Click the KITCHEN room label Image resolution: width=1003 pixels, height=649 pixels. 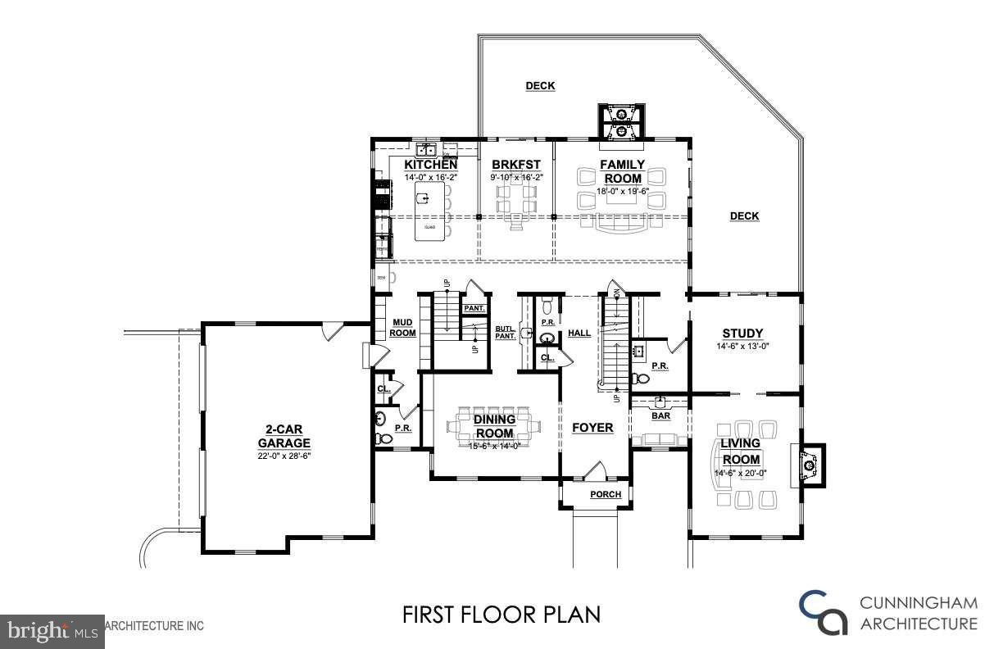[x=430, y=165]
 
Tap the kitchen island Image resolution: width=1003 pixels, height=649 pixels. [x=431, y=211]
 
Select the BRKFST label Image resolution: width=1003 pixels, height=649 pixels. [x=515, y=165]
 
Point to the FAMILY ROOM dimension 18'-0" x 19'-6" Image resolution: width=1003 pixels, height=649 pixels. [x=623, y=190]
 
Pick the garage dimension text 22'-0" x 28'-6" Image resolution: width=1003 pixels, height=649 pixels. [x=286, y=456]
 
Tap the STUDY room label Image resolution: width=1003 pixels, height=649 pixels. [x=742, y=334]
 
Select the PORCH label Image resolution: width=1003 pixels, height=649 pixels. [x=606, y=494]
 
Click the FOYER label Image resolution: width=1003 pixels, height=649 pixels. [x=592, y=428]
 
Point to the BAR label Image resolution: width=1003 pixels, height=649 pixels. [x=660, y=416]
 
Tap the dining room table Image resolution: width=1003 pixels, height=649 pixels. [x=495, y=426]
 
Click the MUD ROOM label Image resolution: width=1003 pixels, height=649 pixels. [x=402, y=328]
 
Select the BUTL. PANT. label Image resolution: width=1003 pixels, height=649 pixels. [x=505, y=333]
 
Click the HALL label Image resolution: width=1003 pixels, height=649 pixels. [x=579, y=334]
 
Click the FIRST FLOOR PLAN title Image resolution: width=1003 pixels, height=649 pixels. [x=501, y=614]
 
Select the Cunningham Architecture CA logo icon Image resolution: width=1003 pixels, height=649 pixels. [x=824, y=614]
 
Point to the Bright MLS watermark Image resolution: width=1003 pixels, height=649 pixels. [x=51, y=630]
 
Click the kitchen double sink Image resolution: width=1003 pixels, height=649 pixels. [x=426, y=150]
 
